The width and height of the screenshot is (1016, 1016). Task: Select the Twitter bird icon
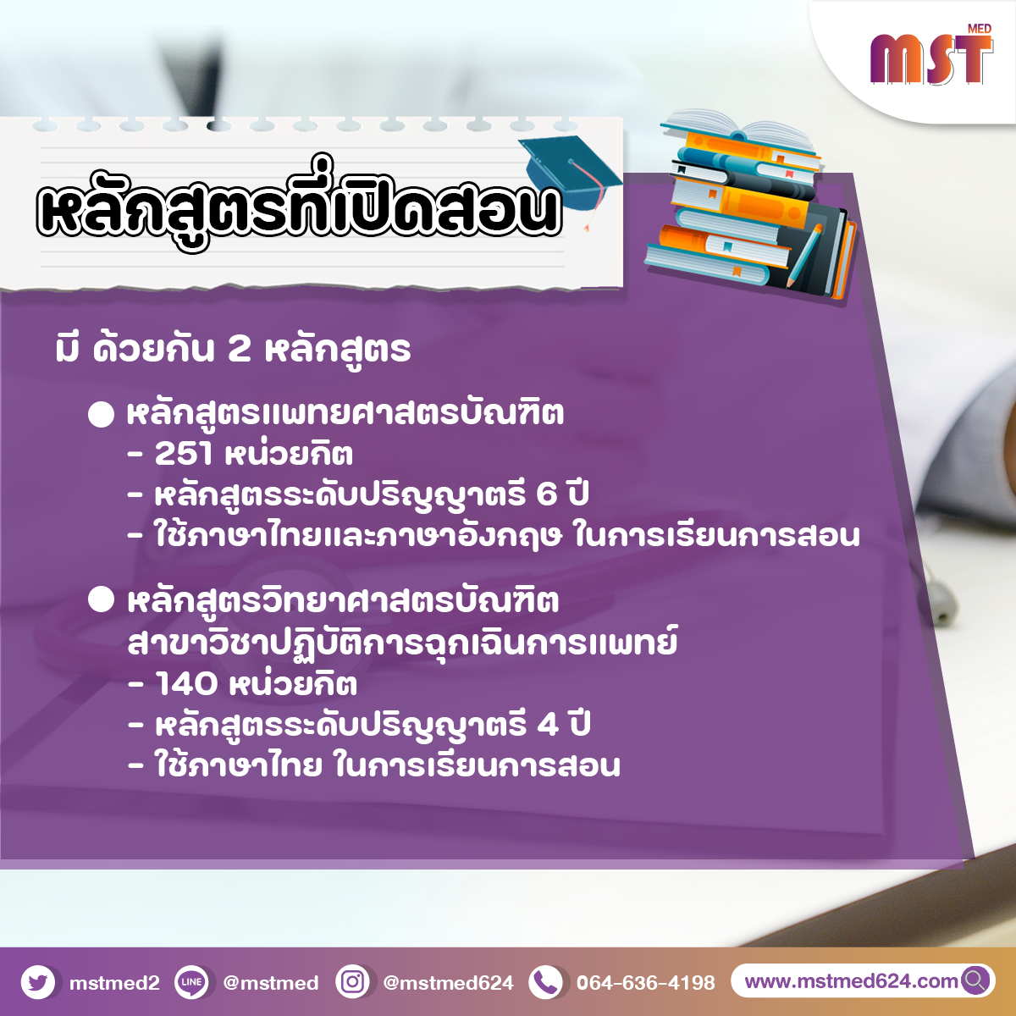pos(38,982)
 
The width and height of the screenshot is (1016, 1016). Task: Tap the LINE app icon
pos(191,982)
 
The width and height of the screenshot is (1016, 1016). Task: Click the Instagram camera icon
pos(353,982)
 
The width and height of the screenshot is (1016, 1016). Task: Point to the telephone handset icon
pos(546,982)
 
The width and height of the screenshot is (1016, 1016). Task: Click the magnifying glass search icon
pos(975,980)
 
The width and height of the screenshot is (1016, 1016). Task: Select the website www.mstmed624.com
pos(851,981)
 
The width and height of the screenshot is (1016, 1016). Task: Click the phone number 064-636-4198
pos(646,983)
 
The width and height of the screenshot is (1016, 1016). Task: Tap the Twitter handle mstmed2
pos(114,983)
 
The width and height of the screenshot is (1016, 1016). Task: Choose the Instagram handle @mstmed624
pos(448,983)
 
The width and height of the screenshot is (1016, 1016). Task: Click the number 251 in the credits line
pos(184,453)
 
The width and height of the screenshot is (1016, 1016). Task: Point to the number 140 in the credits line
pos(186,684)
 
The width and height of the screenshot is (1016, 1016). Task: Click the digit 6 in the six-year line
pos(547,494)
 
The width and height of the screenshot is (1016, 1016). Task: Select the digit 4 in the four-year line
pos(548,725)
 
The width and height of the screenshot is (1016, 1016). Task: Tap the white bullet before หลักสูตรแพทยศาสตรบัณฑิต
pos(102,414)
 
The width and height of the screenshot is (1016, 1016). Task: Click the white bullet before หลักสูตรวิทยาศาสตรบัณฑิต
pos(102,600)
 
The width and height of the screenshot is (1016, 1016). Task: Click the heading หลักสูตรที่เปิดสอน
pos(299,206)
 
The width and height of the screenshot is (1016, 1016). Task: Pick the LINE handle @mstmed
pos(271,983)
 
